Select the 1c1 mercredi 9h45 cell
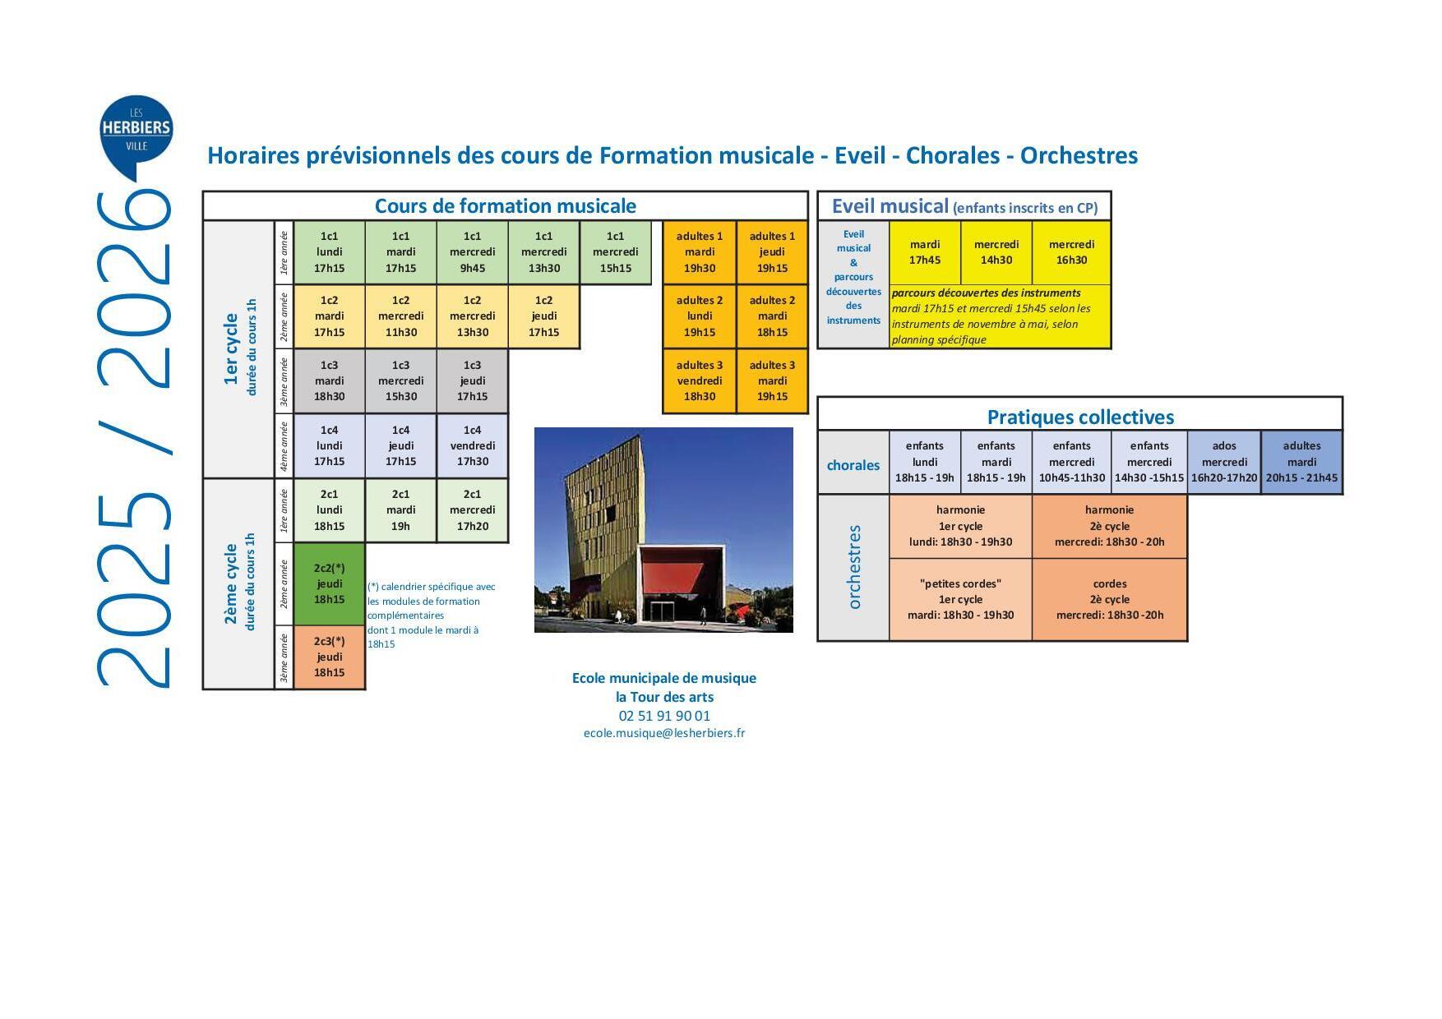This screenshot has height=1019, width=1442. point(472,252)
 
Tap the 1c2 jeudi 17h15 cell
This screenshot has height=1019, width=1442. point(543,316)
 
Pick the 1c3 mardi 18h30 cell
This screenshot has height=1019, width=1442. point(329,380)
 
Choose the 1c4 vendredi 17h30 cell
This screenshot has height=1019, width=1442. point(472,445)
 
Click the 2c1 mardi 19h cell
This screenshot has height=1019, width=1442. point(400,510)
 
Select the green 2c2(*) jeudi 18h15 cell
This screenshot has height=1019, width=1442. point(329,583)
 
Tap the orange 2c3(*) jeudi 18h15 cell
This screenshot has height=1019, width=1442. point(329,657)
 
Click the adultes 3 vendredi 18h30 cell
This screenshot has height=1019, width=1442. point(700,380)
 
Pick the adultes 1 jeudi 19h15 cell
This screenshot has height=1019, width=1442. point(772,252)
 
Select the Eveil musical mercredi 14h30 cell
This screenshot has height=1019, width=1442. point(996,252)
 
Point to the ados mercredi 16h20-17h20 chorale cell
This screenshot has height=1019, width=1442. point(1224,462)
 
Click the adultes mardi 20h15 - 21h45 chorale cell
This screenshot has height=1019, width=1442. point(1301,462)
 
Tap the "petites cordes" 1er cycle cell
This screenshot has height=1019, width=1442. point(960,599)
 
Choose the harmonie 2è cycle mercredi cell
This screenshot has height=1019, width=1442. point(1109,526)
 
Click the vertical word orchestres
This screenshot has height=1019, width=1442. point(854,567)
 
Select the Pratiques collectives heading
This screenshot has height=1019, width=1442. point(1080,417)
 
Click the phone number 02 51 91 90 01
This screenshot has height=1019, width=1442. point(664,716)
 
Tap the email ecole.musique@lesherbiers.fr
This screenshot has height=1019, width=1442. point(664,733)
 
